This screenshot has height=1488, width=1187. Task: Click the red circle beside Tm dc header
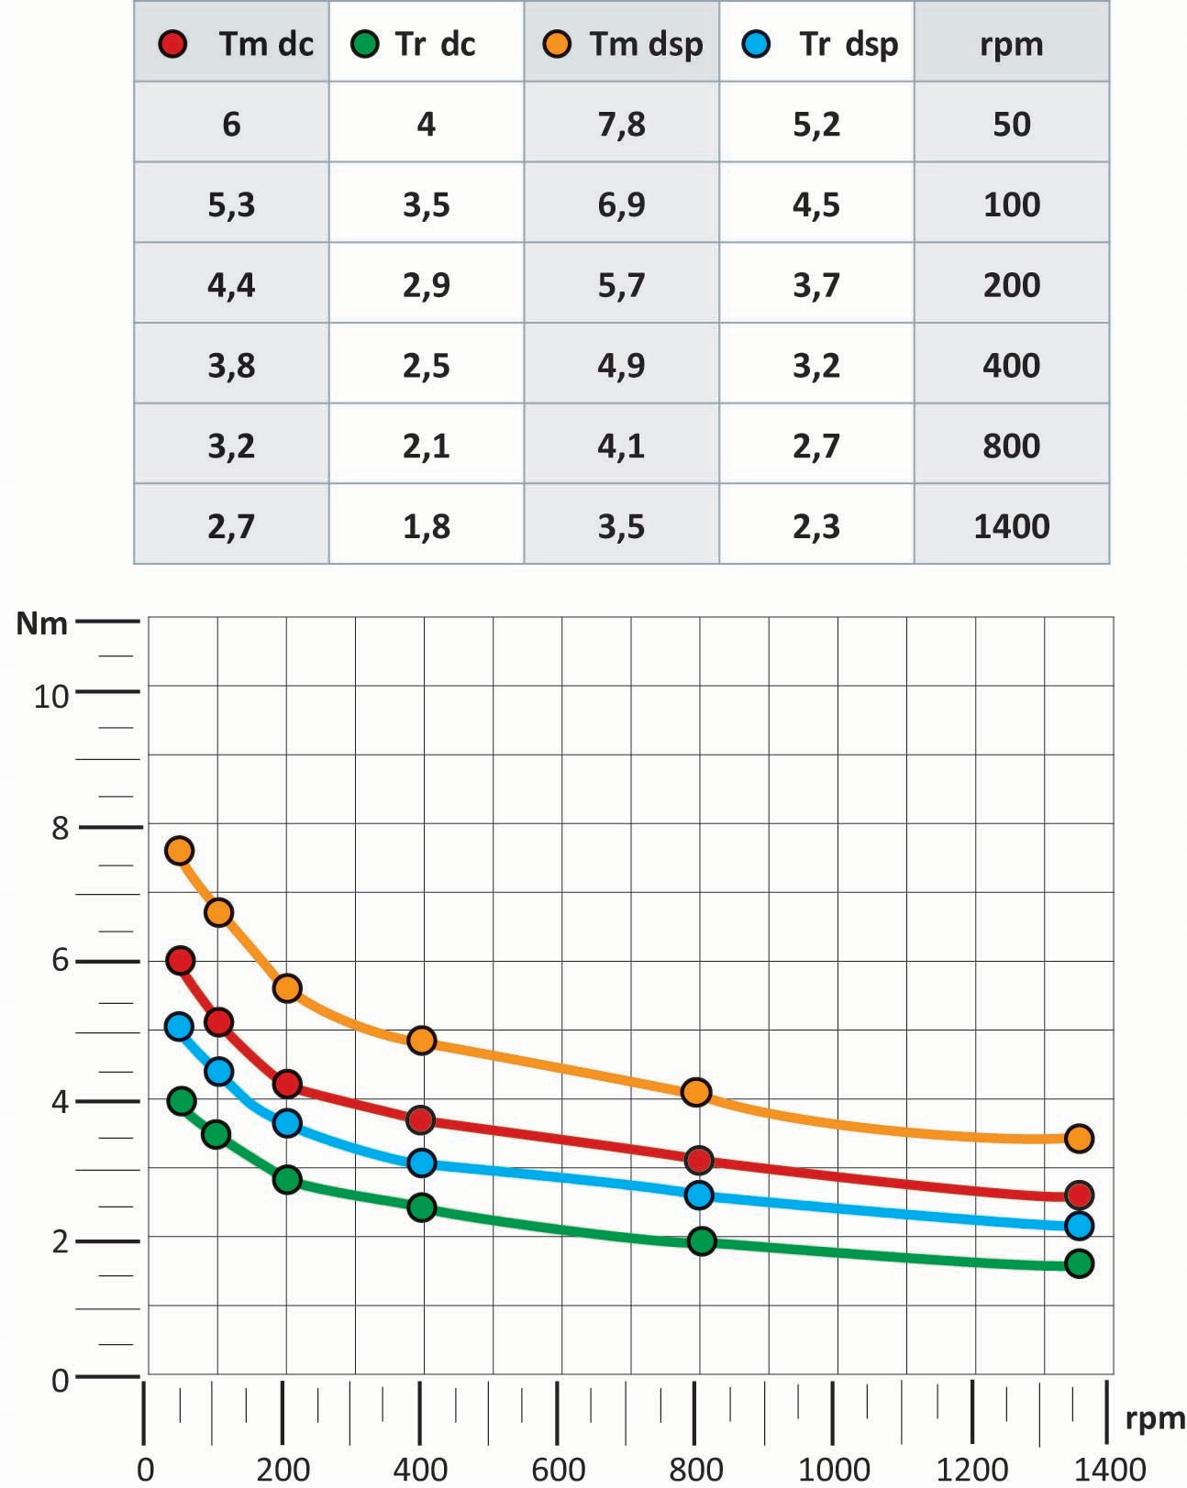click(172, 44)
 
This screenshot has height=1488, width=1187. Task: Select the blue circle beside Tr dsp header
click(757, 44)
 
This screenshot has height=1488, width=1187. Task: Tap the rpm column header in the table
click(1011, 44)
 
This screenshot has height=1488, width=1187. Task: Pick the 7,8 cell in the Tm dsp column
click(621, 124)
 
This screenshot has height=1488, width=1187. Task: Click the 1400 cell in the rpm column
click(1011, 526)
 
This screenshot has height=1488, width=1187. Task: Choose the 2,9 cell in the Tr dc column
click(426, 285)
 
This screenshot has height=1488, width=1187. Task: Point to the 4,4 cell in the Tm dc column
click(231, 285)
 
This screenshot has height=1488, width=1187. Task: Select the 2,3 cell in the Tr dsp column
click(815, 526)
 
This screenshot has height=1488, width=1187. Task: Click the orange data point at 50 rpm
click(179, 851)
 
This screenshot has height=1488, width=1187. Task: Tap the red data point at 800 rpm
click(699, 1160)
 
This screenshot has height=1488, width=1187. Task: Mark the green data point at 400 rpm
click(421, 1207)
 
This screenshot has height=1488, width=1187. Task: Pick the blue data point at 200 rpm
click(287, 1123)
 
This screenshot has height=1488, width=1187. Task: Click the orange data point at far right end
click(1079, 1139)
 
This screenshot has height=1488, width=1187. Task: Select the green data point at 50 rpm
click(182, 1100)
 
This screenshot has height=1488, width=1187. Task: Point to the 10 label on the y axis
click(51, 697)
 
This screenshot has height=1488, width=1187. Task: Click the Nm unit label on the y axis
click(42, 623)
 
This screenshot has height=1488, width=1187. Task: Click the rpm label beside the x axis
click(1154, 1418)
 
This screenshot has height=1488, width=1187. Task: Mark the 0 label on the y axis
click(60, 1380)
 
